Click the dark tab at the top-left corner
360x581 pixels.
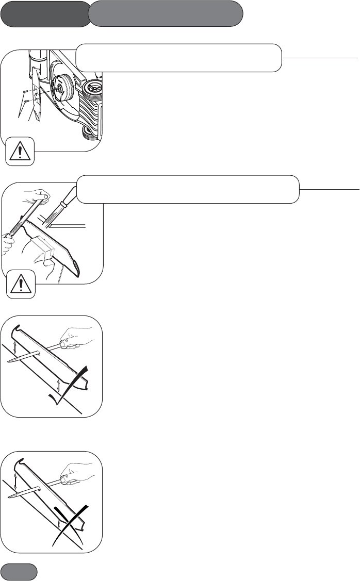click(x=44, y=13)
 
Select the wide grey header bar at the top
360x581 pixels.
click(x=166, y=13)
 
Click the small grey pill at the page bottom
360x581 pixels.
click(x=19, y=572)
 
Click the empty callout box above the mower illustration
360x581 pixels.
click(x=178, y=58)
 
